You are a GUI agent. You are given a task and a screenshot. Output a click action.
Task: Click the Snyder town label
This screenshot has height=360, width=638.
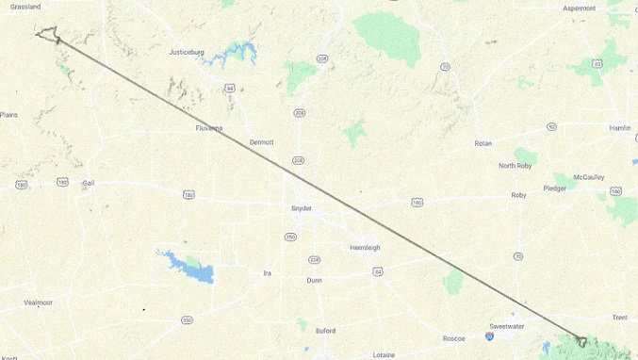(x=302, y=208)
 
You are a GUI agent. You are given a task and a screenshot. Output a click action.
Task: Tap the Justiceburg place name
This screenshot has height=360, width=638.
(x=186, y=52)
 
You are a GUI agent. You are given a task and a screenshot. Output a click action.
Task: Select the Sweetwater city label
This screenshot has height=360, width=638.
(x=506, y=326)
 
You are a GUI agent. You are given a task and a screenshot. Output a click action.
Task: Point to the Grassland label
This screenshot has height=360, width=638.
(x=20, y=7)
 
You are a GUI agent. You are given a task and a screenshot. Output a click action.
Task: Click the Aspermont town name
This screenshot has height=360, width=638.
(x=580, y=8)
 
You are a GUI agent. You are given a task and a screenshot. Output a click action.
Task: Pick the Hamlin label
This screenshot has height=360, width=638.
(x=619, y=127)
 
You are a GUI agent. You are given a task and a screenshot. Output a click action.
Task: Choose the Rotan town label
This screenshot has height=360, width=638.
(x=483, y=143)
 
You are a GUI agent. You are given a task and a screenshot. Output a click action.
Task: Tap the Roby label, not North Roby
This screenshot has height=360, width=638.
(x=518, y=195)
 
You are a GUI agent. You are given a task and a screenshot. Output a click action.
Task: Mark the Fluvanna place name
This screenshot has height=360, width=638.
(x=208, y=128)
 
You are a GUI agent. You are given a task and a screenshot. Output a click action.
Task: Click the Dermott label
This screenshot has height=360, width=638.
(x=261, y=142)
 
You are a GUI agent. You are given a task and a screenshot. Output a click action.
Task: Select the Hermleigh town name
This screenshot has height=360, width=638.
(x=365, y=248)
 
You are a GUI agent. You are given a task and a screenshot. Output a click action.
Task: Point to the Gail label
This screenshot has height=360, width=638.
(x=89, y=183)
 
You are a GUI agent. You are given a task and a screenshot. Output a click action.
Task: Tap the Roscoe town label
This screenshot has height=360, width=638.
(x=454, y=338)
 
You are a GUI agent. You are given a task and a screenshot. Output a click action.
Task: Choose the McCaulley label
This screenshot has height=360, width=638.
(x=589, y=177)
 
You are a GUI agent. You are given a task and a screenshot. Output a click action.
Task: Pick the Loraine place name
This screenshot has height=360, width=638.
(x=384, y=355)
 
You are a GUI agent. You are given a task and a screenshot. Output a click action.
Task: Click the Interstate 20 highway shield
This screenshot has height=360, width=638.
(x=490, y=335)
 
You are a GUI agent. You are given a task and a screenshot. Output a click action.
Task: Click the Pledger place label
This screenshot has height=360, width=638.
(x=555, y=188)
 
